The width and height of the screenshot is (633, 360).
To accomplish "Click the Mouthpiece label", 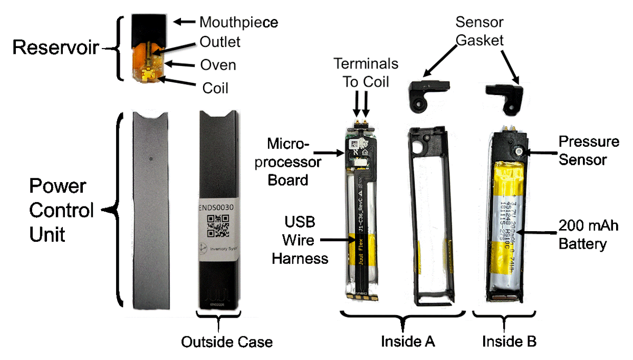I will tap(238, 22).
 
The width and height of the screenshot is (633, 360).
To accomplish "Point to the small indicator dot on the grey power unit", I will tap(150, 157).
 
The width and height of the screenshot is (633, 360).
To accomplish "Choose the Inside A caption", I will tap(408, 342).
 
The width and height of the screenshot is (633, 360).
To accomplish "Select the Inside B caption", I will tap(509, 342).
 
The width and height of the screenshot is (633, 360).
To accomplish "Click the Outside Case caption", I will tap(227, 342).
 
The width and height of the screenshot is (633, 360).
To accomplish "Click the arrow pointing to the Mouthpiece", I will tap(184, 22).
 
